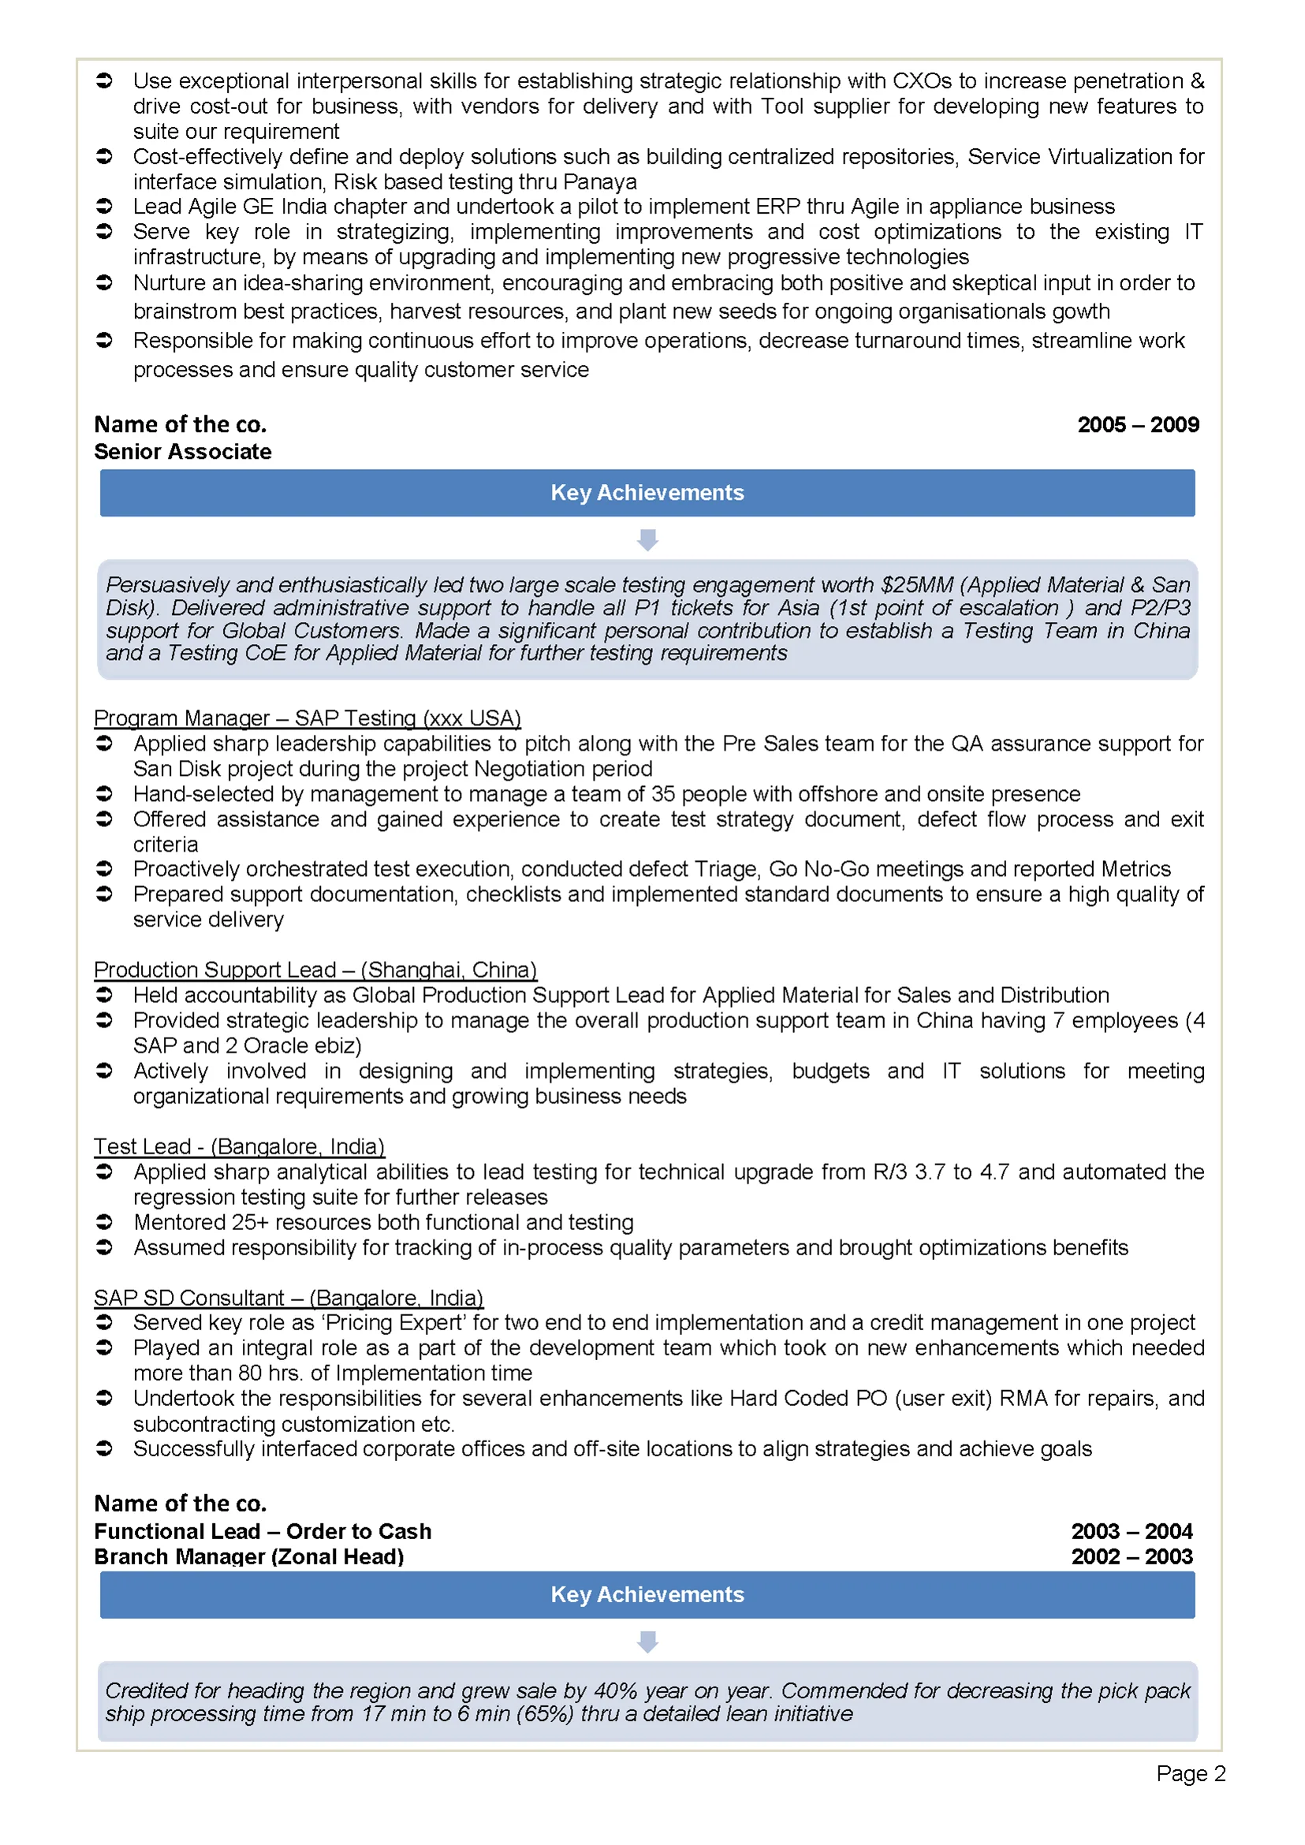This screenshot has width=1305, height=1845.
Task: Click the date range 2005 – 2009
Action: pyautogui.click(x=1137, y=424)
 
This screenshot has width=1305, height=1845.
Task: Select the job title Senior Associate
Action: pyautogui.click(x=182, y=452)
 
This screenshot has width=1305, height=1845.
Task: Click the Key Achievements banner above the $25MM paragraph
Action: pyautogui.click(x=647, y=493)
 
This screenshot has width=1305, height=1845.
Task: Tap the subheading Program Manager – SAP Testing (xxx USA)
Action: pyautogui.click(x=307, y=717)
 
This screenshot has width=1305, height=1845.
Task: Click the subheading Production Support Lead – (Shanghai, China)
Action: pyautogui.click(x=315, y=969)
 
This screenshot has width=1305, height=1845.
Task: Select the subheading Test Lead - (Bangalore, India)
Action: pyautogui.click(x=239, y=1146)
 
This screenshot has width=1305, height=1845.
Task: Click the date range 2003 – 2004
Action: pyautogui.click(x=1132, y=1531)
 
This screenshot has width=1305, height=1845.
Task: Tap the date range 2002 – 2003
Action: pyautogui.click(x=1132, y=1556)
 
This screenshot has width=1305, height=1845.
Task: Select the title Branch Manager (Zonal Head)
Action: pyautogui.click(x=248, y=1556)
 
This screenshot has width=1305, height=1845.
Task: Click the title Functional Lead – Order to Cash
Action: pyautogui.click(x=262, y=1531)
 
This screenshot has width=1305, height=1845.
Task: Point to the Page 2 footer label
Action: pyautogui.click(x=1190, y=1773)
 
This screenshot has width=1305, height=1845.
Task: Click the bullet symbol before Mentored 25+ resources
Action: pyautogui.click(x=104, y=1222)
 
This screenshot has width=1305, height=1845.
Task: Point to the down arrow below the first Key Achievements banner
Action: pyautogui.click(x=647, y=539)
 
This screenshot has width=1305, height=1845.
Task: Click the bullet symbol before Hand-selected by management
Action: pyautogui.click(x=104, y=794)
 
